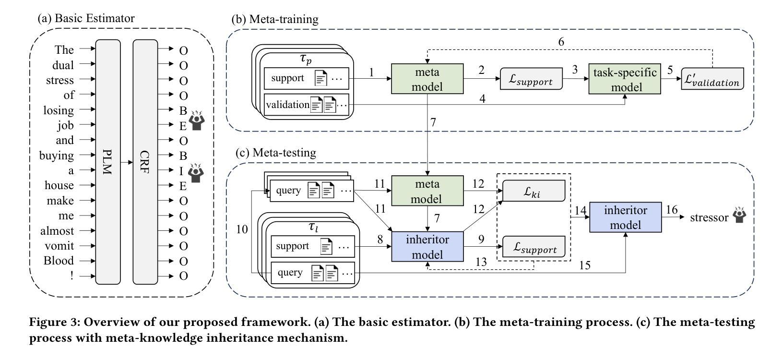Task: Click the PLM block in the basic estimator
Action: [108, 162]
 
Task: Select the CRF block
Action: [145, 162]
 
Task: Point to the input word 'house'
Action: [59, 185]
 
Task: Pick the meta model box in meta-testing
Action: [427, 191]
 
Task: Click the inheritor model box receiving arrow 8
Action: [427, 246]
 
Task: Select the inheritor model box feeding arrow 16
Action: [625, 217]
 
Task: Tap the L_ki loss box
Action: [533, 191]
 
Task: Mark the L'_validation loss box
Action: [712, 79]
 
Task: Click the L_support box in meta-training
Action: [532, 79]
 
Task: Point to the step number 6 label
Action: [561, 42]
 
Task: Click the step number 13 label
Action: [481, 262]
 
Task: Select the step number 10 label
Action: [242, 229]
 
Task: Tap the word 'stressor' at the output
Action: [709, 217]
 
